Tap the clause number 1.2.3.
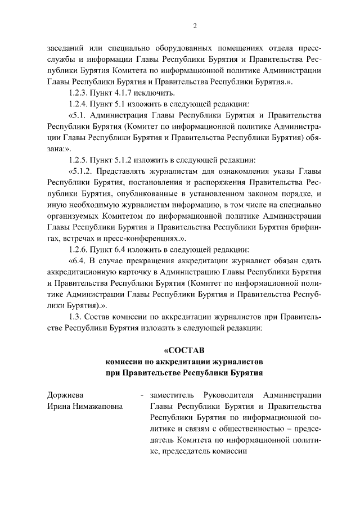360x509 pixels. coord(79,93)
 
